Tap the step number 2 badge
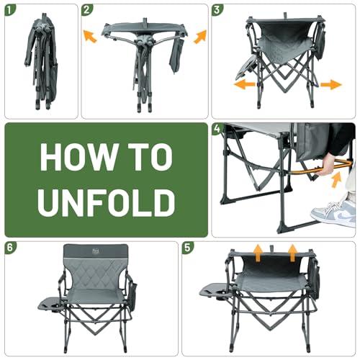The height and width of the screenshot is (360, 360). coord(88,10)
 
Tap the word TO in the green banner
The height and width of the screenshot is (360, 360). coord(150,157)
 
